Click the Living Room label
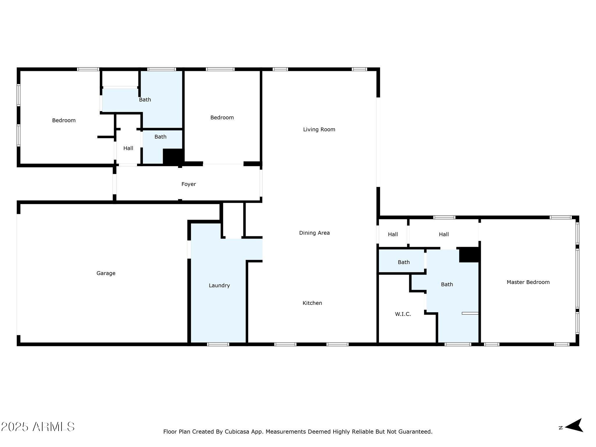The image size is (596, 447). coord(319,130)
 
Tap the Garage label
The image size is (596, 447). coord(106,273)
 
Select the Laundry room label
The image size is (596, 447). coord(219,285)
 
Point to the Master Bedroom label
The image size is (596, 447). coord(528,282)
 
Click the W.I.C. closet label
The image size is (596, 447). coord(403,314)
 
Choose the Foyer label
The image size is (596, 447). coord(189,184)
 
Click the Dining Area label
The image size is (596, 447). coord(314,233)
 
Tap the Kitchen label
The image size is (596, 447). coord(312,303)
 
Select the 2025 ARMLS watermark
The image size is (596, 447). coord(38,427)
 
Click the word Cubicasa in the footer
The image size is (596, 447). coord(235,432)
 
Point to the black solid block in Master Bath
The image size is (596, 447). coord(469,255)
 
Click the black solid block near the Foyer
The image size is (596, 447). coord(173,157)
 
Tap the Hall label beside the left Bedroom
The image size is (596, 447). coord(128,148)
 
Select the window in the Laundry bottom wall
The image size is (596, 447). coord(218,344)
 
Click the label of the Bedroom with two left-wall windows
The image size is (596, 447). coord(64,120)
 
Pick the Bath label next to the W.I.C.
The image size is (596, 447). coord(447,284)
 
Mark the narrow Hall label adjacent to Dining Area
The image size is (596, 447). coord(393,234)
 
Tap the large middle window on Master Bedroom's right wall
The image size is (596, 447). coord(577,278)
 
